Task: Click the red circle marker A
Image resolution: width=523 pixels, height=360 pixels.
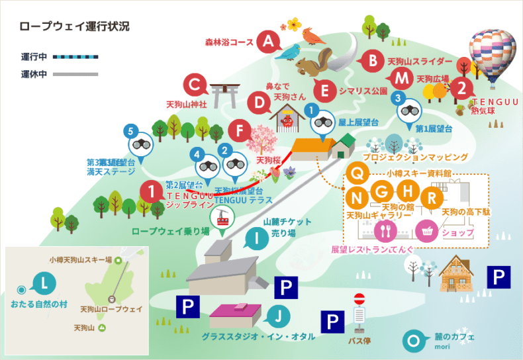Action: pos(268,42)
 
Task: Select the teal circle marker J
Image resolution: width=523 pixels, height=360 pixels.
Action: pos(279,315)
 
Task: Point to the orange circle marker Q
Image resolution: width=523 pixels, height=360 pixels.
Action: pos(357,173)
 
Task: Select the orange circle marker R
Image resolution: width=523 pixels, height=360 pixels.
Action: pos(432,197)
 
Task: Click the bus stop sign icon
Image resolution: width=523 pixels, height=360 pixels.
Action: pos(359,311)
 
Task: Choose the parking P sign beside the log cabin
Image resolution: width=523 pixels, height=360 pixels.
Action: pos(498,277)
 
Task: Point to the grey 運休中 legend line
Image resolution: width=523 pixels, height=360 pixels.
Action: pos(75,74)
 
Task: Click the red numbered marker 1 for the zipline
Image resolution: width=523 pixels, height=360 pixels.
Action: pos(152,193)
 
